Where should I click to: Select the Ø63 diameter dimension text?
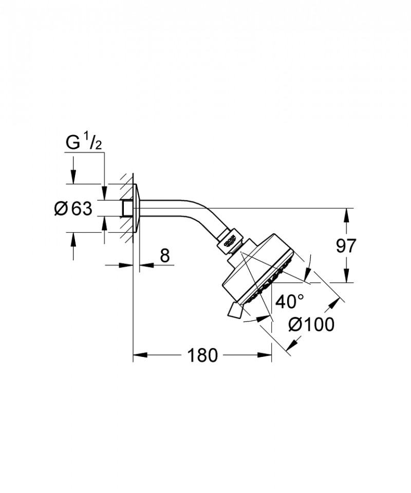pos(73,208)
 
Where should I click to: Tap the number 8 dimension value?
pos(164,256)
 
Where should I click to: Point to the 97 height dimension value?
pos(346,246)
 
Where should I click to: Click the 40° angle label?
pos(289,301)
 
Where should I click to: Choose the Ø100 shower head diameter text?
pos(311,325)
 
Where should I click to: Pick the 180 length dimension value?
pos(203,355)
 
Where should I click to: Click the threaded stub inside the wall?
pos(126,208)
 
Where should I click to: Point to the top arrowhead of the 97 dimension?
pos(346,214)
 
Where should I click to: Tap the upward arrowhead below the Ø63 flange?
pos(73,239)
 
